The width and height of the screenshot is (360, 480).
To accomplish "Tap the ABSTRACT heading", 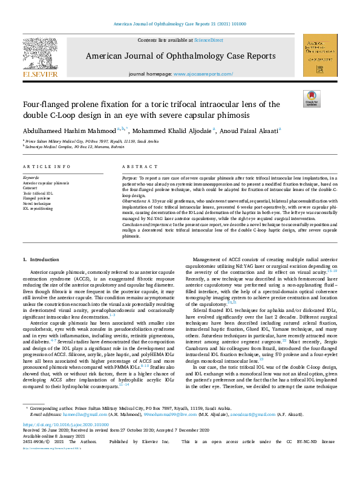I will tap(137, 166).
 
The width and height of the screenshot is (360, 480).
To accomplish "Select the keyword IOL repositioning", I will tap(38, 208).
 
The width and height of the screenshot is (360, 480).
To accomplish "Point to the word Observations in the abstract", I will tap(134, 201).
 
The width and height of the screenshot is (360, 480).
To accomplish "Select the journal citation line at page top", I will tap(180, 24).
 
